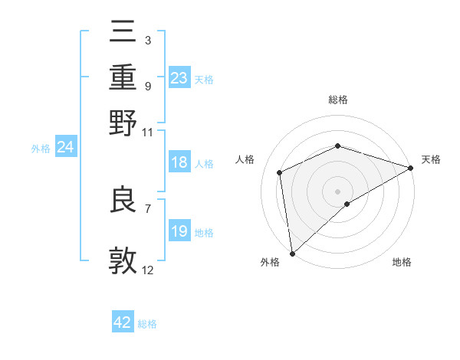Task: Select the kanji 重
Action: click(x=123, y=77)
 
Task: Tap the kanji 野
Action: click(x=123, y=123)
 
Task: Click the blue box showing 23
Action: click(x=179, y=77)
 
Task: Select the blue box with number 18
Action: click(x=179, y=163)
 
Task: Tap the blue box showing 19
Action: click(x=179, y=231)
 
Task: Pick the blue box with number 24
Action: click(x=65, y=147)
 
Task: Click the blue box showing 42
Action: click(x=123, y=322)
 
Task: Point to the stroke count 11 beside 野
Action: click(x=147, y=132)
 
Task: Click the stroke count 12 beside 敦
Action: click(x=147, y=270)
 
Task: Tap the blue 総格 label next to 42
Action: click(x=147, y=324)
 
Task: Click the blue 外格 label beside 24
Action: click(x=41, y=149)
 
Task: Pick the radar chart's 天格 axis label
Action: click(x=431, y=159)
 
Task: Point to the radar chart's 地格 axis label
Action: click(x=402, y=262)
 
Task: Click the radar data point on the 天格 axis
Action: click(x=411, y=169)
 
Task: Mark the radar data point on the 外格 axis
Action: click(x=292, y=254)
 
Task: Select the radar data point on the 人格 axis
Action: click(x=280, y=172)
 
